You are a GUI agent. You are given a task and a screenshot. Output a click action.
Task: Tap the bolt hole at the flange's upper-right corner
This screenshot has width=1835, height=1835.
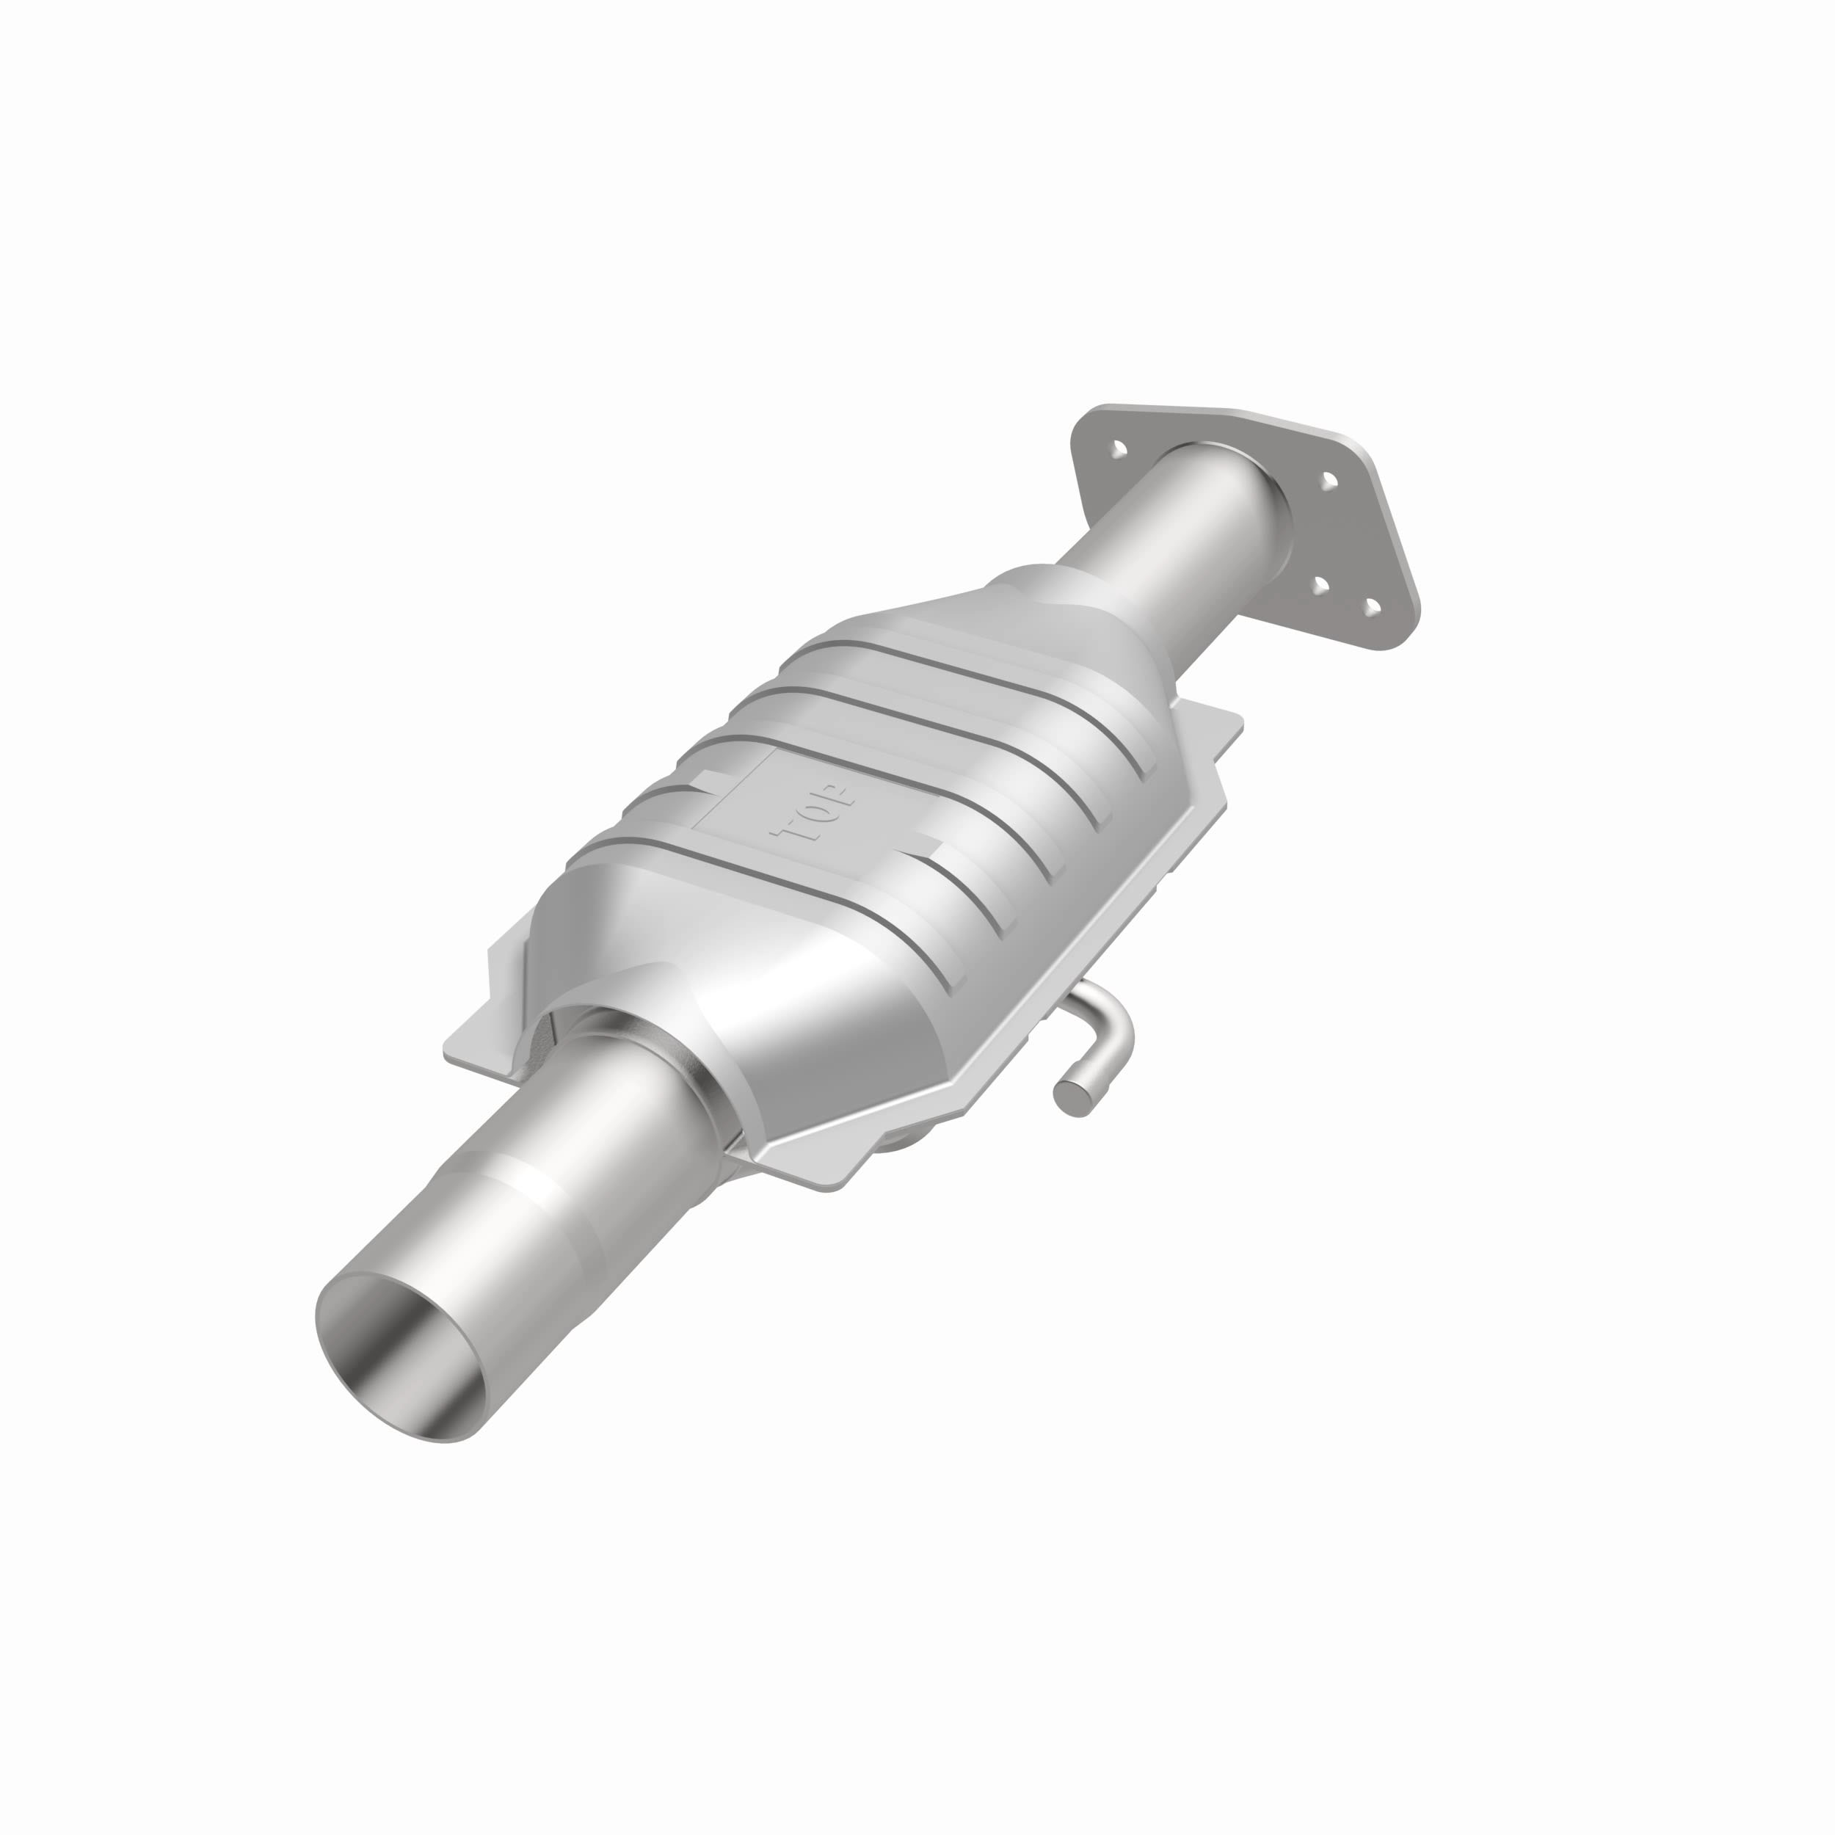coord(1329,482)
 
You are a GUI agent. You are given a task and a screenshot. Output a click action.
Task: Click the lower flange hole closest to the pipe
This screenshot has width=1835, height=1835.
coord(1320,582)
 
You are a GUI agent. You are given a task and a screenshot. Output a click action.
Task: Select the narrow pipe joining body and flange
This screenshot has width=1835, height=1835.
coord(1178,532)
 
